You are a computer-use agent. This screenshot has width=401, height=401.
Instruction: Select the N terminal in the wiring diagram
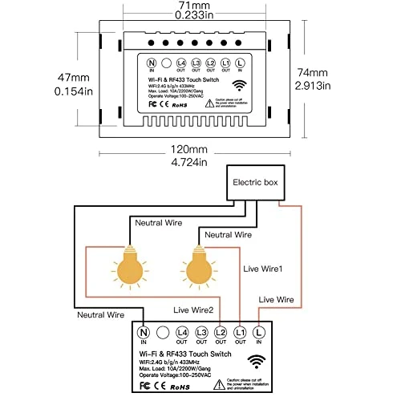145,331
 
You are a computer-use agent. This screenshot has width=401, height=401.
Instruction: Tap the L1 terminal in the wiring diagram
239,331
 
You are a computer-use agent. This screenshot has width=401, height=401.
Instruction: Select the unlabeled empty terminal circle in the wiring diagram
163,331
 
